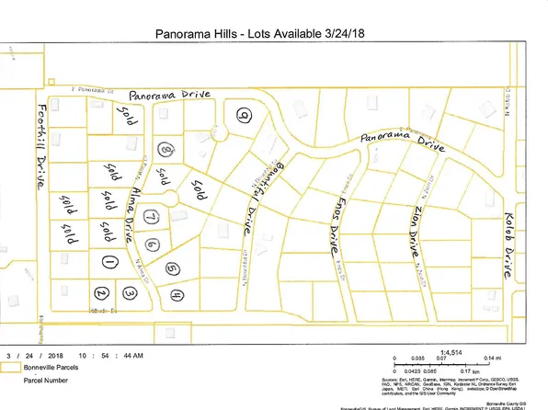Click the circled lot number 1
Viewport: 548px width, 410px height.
click(109, 262)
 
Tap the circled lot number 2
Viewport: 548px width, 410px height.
click(102, 293)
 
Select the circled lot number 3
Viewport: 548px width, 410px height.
click(131, 292)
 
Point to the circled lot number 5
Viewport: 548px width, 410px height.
click(172, 268)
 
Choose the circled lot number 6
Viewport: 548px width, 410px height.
click(153, 245)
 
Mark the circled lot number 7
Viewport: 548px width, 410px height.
click(147, 217)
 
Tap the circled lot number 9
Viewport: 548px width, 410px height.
click(243, 115)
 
